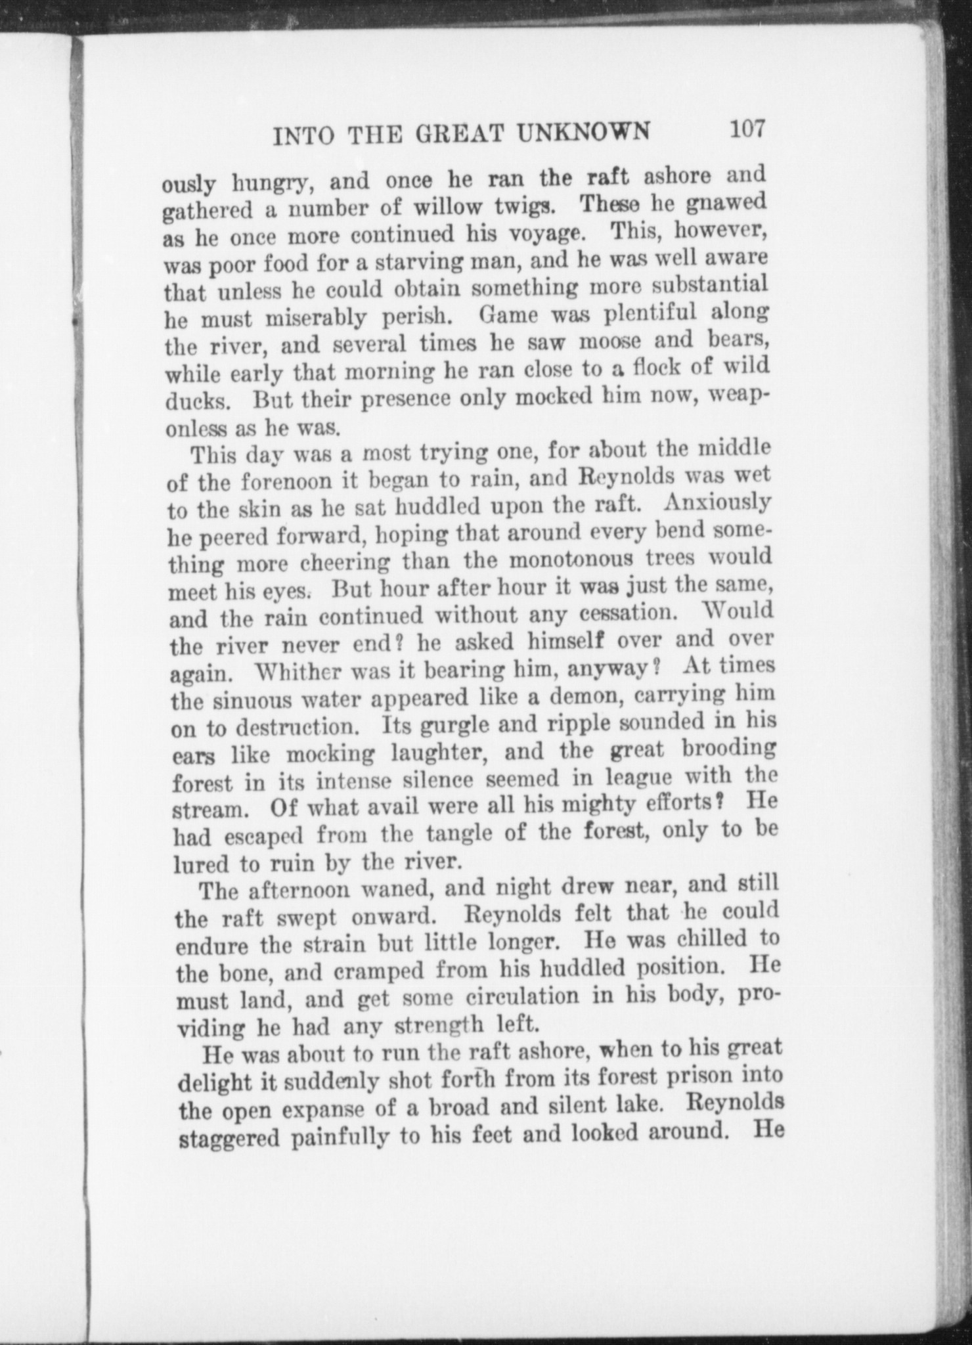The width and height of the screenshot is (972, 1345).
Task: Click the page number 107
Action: point(746,127)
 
